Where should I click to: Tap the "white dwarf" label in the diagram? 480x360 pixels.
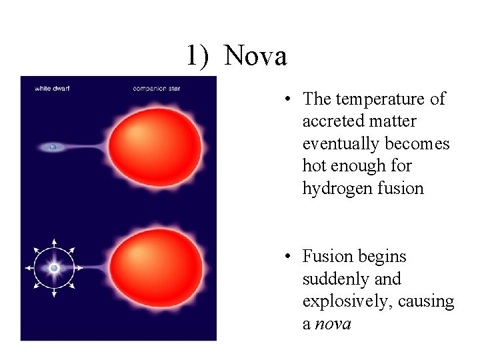52,89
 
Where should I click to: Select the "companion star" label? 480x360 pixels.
157,89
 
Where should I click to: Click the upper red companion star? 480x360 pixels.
155,145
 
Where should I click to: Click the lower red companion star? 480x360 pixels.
156,265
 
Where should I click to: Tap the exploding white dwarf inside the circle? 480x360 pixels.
54,267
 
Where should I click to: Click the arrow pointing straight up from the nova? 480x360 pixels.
54,243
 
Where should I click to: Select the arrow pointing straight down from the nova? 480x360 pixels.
54,293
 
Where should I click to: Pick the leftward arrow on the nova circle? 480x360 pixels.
29,268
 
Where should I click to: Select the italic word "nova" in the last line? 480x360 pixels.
333,324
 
